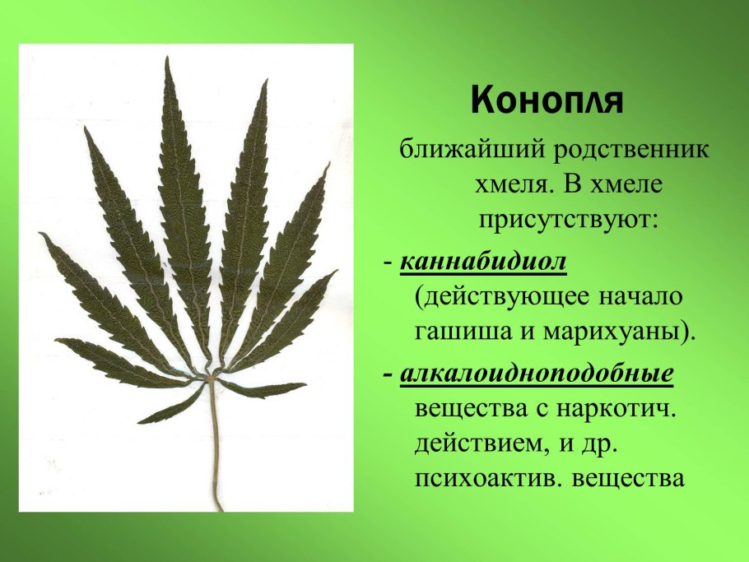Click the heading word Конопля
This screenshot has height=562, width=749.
(x=547, y=101)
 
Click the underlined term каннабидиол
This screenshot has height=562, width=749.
(x=483, y=262)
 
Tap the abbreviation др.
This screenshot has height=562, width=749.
(x=596, y=445)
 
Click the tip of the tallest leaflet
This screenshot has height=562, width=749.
(x=167, y=57)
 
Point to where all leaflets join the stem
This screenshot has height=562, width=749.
(x=208, y=379)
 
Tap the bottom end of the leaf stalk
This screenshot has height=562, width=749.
(x=221, y=510)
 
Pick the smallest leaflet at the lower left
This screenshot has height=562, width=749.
(x=170, y=405)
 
